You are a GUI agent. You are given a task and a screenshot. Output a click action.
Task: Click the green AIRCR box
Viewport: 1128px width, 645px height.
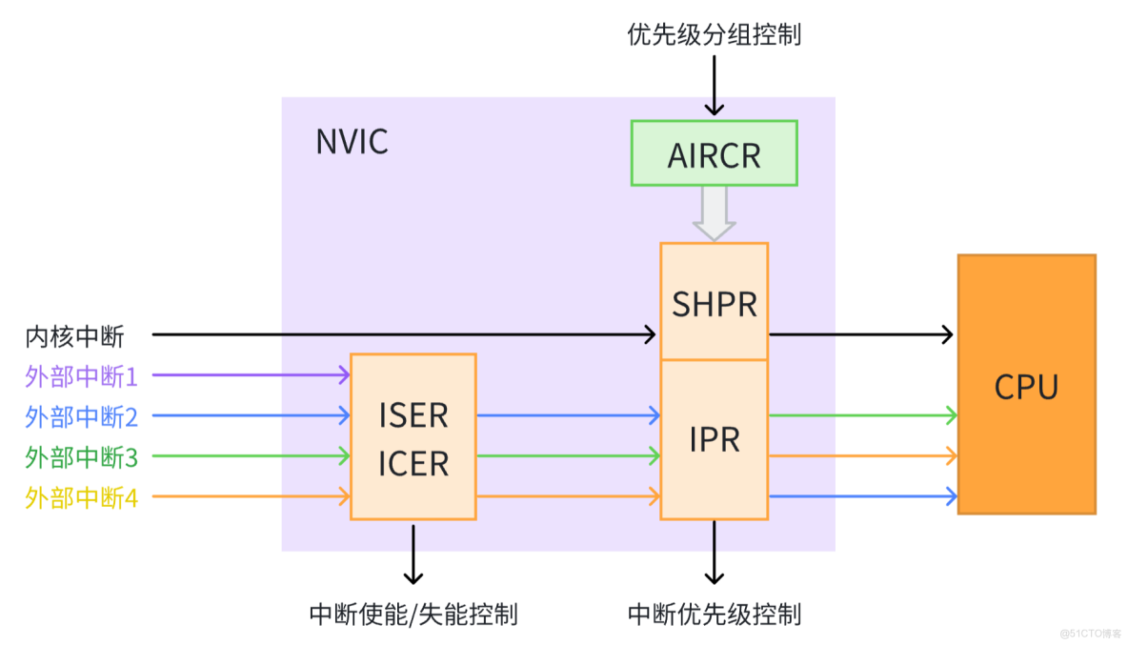pyautogui.click(x=714, y=153)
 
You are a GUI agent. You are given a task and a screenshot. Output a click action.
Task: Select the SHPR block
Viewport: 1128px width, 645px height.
pyautogui.click(x=714, y=303)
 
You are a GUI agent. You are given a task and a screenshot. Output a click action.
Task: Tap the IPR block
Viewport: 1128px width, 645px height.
pyautogui.click(x=714, y=439)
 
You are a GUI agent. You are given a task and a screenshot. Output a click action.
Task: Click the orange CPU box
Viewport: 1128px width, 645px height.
pyautogui.click(x=1026, y=385)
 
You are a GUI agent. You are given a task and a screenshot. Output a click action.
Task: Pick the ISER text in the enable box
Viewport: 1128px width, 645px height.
pyautogui.click(x=413, y=415)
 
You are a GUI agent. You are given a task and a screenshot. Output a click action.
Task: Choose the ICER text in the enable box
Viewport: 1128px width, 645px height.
pyautogui.click(x=413, y=464)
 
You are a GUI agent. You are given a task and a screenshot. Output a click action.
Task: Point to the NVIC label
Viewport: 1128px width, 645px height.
pyautogui.click(x=352, y=143)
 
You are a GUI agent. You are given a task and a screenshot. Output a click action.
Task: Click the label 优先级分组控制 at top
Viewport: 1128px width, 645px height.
pyautogui.click(x=714, y=35)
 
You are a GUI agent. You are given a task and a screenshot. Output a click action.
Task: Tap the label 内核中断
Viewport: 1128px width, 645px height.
pyautogui.click(x=74, y=335)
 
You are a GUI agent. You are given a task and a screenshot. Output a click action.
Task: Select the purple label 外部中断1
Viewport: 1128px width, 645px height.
pyautogui.click(x=82, y=376)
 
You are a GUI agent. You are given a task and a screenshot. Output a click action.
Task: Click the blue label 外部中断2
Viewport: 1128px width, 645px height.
pyautogui.click(x=82, y=416)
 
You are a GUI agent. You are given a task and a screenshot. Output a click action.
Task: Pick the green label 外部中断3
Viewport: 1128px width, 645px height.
pyautogui.click(x=82, y=457)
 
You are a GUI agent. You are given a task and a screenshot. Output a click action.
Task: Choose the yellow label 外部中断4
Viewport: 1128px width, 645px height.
pyautogui.click(x=82, y=497)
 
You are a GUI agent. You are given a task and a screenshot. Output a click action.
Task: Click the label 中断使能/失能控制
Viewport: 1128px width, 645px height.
pyautogui.click(x=413, y=614)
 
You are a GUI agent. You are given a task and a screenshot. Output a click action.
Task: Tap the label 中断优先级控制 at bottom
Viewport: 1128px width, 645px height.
pyautogui.click(x=714, y=614)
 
